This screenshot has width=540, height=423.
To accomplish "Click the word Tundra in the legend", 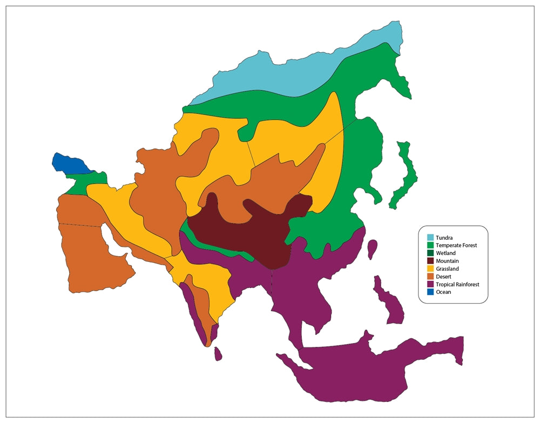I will [444, 237].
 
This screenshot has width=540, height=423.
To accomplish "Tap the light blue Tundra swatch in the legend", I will [430, 237].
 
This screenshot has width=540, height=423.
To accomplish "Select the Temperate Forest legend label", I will [456, 245].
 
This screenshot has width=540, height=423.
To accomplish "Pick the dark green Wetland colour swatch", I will [430, 253].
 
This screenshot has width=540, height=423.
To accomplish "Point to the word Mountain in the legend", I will [447, 261].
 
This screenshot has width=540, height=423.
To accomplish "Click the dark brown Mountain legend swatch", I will [430, 261].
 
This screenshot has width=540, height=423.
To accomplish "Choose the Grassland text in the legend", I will [448, 268].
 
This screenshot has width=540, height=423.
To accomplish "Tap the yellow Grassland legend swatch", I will [430, 268].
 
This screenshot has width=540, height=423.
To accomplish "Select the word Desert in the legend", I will [444, 277].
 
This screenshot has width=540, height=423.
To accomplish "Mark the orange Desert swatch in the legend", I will [430, 277].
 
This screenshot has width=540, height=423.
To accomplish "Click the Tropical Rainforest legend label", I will [457, 284].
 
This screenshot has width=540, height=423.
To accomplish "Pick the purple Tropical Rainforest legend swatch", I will [430, 284].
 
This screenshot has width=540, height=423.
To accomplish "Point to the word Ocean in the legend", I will [443, 292].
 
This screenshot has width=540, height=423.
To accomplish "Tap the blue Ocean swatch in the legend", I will [430, 292].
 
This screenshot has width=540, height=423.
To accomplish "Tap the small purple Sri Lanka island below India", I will [218, 354].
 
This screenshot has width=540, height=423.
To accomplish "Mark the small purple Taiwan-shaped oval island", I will [372, 249].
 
